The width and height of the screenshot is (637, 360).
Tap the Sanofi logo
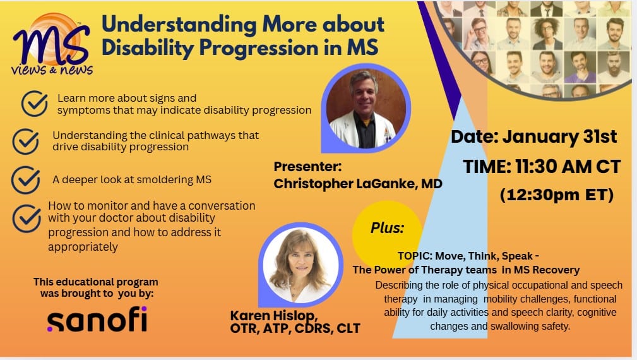click(x=97, y=320)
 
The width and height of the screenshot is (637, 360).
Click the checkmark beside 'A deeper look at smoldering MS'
click(x=26, y=179)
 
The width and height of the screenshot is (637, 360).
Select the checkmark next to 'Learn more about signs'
click(x=35, y=104)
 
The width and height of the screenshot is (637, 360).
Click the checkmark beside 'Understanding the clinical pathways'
click(x=26, y=141)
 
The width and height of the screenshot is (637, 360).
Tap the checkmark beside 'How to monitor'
click(x=27, y=218)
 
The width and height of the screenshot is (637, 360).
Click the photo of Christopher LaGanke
click(x=366, y=109)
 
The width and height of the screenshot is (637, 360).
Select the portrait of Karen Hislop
click(x=301, y=265)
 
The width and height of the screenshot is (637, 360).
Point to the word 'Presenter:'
click(x=307, y=167)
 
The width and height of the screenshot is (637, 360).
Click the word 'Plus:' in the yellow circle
click(x=387, y=228)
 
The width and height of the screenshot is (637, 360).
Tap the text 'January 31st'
click(x=560, y=137)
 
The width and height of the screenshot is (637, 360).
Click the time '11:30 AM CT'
click(x=568, y=167)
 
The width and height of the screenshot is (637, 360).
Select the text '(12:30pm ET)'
click(x=557, y=195)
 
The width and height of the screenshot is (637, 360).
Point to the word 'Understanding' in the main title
click(x=179, y=24)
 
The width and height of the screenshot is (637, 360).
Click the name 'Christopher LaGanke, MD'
click(x=358, y=184)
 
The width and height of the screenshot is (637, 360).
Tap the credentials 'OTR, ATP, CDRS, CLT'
click(x=295, y=328)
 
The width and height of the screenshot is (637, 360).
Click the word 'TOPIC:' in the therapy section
click(x=415, y=256)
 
